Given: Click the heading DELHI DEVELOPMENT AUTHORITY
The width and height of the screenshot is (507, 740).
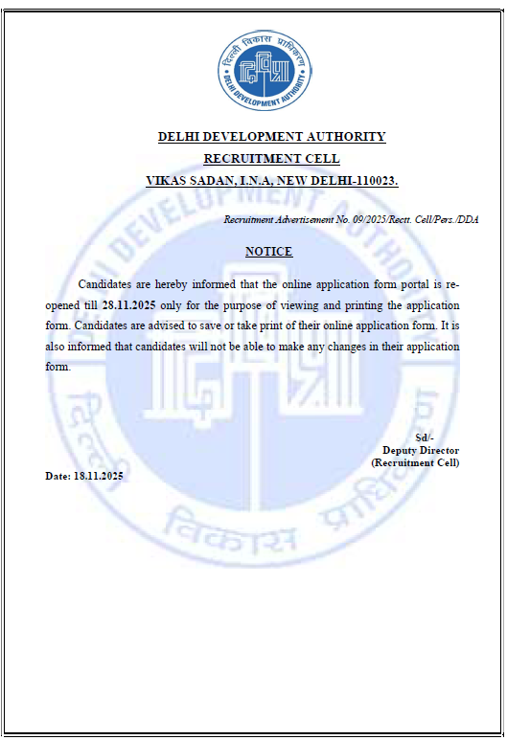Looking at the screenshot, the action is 271,137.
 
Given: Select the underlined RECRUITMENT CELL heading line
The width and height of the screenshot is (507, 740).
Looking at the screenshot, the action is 271,159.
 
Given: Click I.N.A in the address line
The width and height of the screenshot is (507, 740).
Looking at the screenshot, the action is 252,181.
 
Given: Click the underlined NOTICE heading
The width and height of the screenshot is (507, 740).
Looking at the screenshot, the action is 268,252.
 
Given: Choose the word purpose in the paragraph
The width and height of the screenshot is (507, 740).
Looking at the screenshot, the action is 258,305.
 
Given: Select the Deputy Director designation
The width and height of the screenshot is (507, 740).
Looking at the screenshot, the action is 421,450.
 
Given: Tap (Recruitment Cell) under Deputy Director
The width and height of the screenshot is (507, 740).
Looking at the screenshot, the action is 415,462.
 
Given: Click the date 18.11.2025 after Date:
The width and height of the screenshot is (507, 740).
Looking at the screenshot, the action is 99,476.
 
